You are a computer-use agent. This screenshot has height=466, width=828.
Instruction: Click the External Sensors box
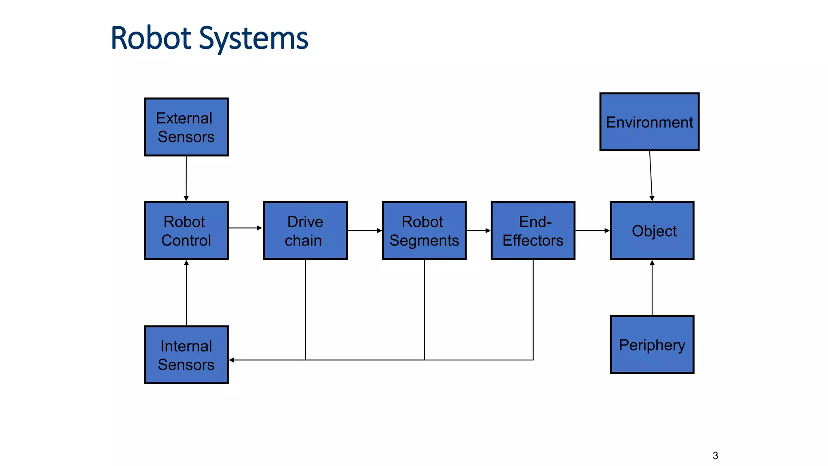coord(186,127)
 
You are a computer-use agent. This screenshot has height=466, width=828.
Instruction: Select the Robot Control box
coord(186,231)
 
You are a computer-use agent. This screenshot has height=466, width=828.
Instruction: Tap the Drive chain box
coord(305,231)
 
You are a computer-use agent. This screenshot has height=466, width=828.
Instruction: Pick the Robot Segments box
coord(424,231)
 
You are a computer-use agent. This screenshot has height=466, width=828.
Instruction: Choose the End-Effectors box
coord(533,231)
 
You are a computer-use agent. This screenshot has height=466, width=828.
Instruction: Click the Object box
coord(652,231)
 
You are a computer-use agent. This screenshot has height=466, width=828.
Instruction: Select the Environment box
coord(649,122)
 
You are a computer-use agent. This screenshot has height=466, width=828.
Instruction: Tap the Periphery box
coord(652,345)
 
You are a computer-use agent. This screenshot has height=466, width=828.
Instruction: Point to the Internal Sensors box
coord(186,355)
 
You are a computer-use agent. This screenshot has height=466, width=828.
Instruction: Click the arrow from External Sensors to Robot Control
coord(186,178)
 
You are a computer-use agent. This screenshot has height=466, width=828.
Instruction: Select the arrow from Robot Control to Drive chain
coord(245,228)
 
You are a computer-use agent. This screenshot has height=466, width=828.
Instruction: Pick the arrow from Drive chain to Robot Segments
coord(364,231)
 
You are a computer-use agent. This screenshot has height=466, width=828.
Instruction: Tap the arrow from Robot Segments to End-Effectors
coord(478,231)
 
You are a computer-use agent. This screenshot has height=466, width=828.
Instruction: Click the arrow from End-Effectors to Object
coord(592,231)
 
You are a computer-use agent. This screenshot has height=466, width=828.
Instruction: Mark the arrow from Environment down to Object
coord(651,176)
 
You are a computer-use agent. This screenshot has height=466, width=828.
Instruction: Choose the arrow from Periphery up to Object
coord(652,287)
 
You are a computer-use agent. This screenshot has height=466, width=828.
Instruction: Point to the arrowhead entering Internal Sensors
coord(232,360)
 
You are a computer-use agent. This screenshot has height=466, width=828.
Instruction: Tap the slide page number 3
coord(715,455)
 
